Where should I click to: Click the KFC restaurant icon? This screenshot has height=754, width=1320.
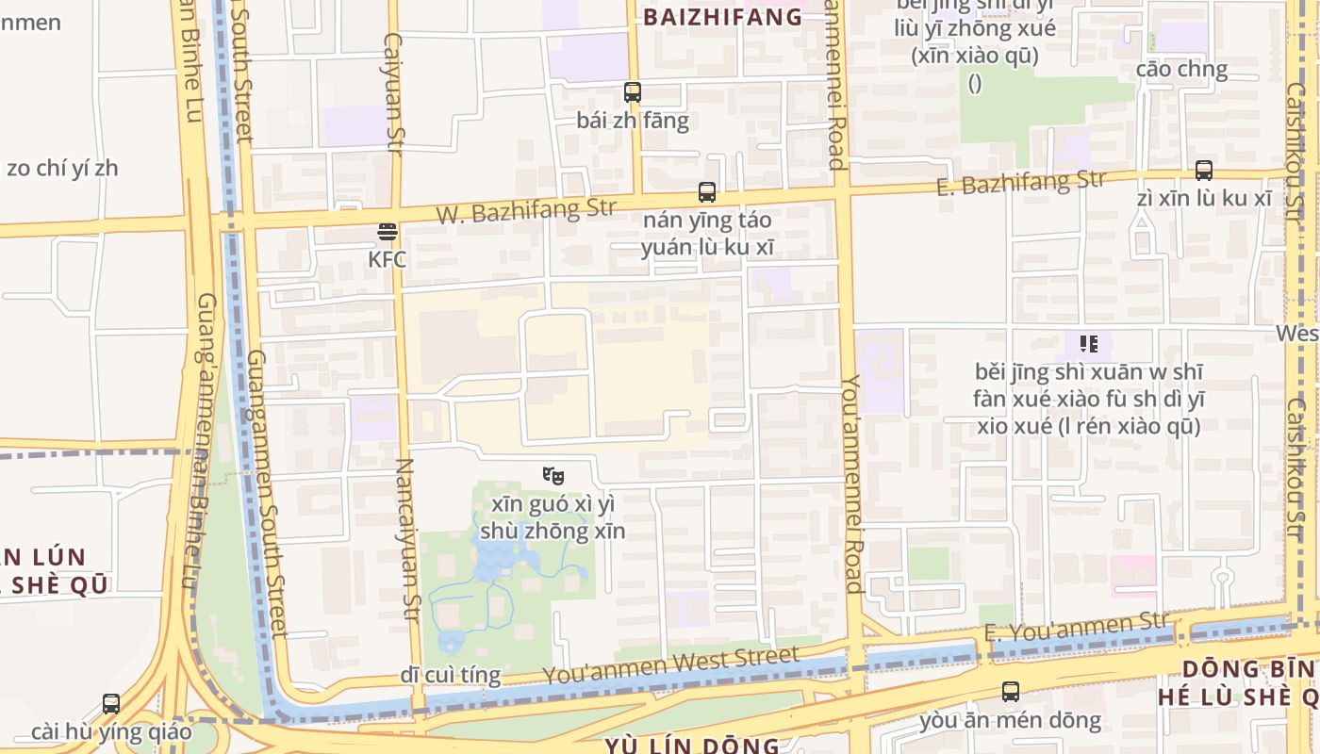(387, 232)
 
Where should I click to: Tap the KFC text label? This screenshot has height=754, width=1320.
(387, 259)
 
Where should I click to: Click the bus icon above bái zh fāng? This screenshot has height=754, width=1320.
(633, 92)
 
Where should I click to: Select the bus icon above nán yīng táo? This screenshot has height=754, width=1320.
(707, 192)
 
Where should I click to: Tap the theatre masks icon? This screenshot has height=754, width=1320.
(553, 475)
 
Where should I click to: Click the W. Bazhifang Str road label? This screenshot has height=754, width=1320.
(525, 210)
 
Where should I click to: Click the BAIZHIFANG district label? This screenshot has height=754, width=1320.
(723, 16)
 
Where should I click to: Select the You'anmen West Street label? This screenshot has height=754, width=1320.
(670, 665)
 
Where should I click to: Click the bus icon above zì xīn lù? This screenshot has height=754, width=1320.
(1204, 171)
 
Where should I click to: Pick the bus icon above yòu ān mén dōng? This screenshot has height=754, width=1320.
(1011, 692)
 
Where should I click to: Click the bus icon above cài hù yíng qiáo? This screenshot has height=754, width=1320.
(111, 703)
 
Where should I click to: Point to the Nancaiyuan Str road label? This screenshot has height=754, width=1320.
(406, 540)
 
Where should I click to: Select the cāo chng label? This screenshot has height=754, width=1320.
(1181, 69)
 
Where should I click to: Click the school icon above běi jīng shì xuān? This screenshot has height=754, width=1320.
(1089, 344)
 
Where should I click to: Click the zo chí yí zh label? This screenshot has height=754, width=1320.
(62, 169)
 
